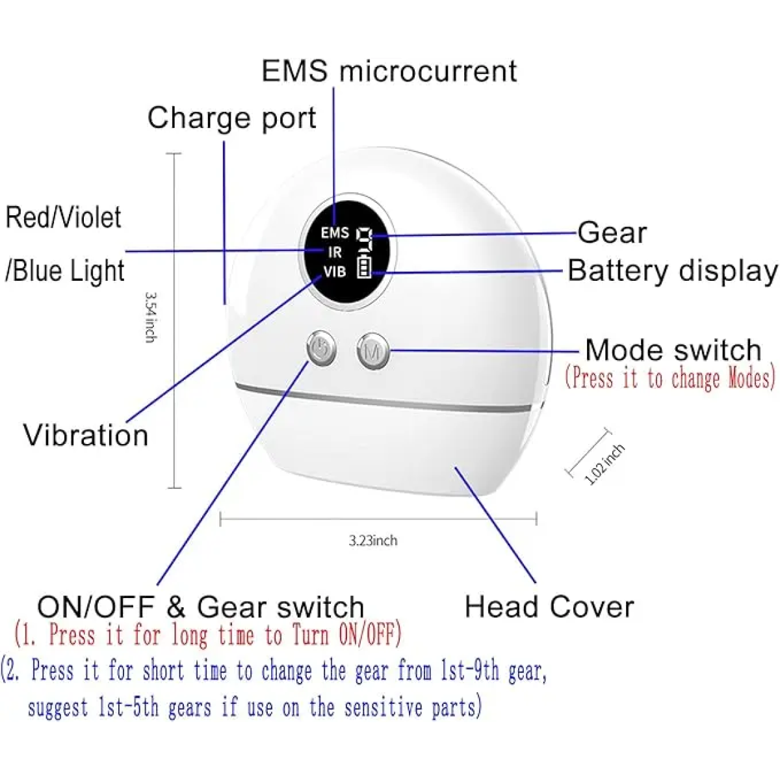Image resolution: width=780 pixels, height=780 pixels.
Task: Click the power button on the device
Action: tap(321, 349)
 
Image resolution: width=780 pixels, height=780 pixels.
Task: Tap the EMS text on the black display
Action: tap(335, 233)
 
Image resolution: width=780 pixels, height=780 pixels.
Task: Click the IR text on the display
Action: tap(335, 253)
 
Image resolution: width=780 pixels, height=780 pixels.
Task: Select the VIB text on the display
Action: tap(335, 272)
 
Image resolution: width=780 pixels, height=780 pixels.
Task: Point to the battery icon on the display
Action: tap(364, 267)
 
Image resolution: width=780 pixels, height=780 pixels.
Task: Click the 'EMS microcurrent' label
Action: tap(389, 71)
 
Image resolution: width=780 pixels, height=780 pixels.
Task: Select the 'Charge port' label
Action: tap(231, 118)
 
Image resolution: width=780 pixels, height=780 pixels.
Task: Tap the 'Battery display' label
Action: tap(672, 271)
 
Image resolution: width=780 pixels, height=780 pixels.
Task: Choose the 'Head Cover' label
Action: tap(549, 607)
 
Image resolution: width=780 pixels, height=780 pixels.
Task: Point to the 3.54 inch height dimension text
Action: tap(150, 318)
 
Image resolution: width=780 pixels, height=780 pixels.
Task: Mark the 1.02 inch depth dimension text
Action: tap(604, 464)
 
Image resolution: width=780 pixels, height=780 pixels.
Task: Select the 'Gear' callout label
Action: tap(612, 233)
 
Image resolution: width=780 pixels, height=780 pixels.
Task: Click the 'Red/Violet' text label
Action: tap(63, 217)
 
